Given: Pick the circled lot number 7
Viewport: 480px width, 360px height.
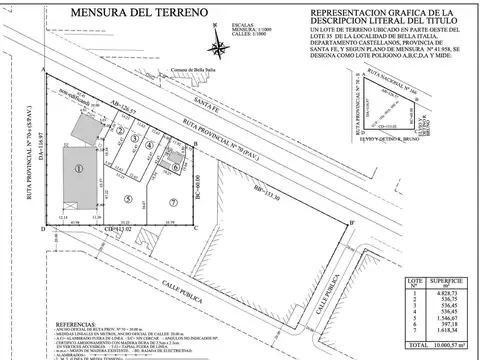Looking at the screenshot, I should [172, 198].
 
